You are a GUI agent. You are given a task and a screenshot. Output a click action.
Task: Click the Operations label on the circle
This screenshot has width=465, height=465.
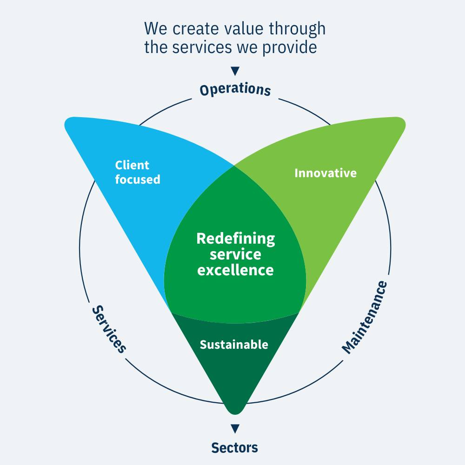coord(235,89)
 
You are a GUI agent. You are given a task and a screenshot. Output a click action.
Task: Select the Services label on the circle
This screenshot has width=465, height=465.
coord(109,329)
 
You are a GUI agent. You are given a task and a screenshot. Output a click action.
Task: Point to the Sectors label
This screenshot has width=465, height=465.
coord(234,447)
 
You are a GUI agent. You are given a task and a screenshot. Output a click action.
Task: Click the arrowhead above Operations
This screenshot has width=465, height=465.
coord(235,71)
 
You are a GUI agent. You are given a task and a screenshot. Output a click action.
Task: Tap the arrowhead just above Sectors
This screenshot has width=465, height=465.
coord(235,428)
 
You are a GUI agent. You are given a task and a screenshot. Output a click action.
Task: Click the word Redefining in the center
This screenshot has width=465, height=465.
coord(235,239)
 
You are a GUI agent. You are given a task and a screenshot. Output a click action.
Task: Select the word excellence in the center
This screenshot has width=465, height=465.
coord(235,270)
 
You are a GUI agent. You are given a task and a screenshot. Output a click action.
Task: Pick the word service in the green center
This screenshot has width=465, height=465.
coord(235,254)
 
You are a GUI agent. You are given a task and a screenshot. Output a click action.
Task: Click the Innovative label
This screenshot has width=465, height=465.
coord(325,173)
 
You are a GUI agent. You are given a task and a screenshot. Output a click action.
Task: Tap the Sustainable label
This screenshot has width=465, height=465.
coord(234,345)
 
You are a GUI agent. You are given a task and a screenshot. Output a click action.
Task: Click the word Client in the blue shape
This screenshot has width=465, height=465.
coord(132,165)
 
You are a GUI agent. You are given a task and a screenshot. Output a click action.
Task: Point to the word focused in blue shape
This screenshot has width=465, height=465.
coord(137,179)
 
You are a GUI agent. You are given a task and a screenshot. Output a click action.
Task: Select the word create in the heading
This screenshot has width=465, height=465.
coord(192,28)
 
